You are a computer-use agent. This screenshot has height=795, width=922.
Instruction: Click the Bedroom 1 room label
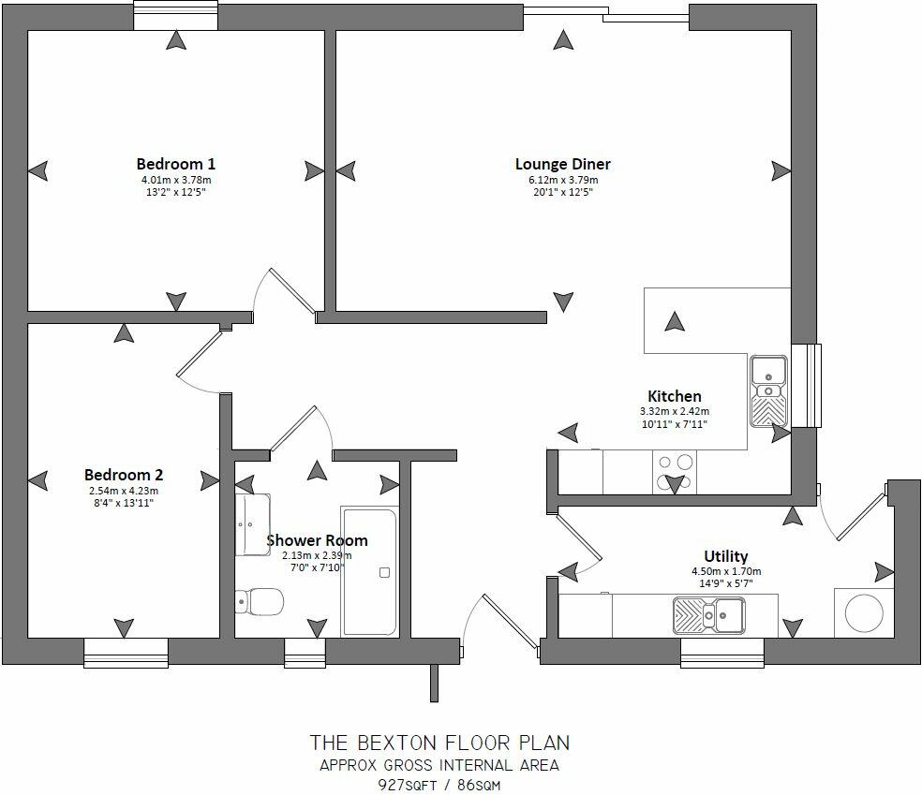tap(176, 163)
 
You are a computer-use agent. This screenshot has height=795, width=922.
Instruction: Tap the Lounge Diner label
tap(562, 164)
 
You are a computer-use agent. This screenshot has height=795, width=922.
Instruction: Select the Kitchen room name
tap(674, 396)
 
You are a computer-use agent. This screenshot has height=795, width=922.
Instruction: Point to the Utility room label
tap(726, 556)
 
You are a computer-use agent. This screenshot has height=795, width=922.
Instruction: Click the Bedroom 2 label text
tap(123, 475)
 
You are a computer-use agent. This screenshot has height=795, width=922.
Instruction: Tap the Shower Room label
tap(317, 540)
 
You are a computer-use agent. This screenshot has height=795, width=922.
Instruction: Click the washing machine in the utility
tap(863, 614)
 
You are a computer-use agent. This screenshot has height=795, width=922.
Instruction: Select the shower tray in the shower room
tap(370, 571)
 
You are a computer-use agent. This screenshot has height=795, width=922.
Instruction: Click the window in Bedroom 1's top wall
tap(175, 16)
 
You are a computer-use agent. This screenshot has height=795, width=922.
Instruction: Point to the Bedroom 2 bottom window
tap(126, 652)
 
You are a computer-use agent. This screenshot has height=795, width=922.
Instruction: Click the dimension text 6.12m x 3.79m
tap(562, 180)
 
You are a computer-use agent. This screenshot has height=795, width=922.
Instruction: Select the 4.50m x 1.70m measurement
tap(726, 571)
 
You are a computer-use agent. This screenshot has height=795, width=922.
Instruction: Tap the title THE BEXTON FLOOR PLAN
tap(439, 743)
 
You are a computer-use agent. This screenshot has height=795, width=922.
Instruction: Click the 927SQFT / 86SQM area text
tap(439, 784)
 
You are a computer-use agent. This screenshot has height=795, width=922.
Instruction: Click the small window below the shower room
tap(305, 652)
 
